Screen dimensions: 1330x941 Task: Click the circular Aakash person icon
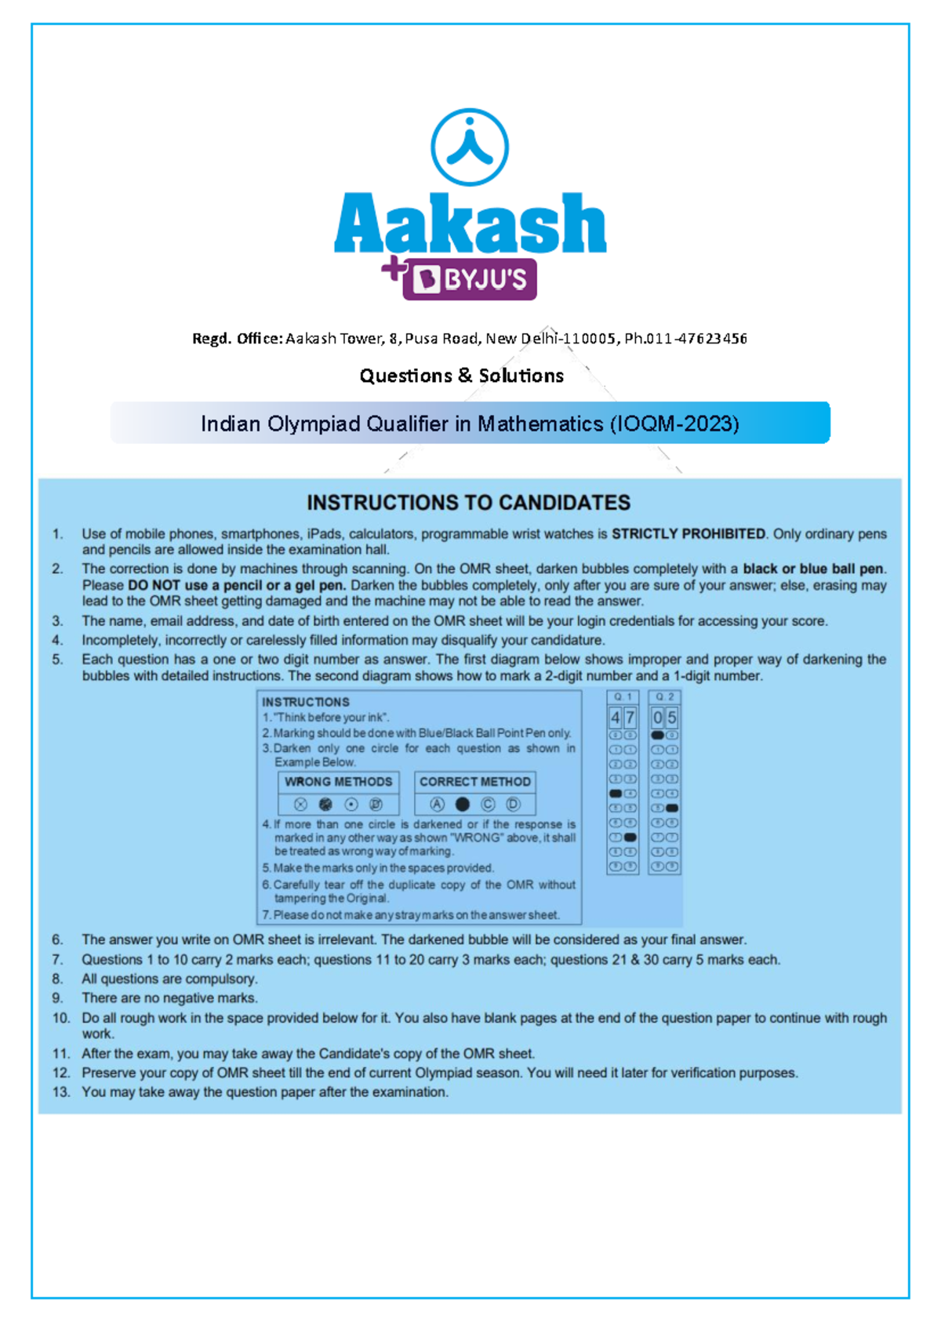pos(470,147)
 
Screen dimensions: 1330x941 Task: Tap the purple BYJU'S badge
pos(470,279)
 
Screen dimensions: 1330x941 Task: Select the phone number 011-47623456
pos(695,339)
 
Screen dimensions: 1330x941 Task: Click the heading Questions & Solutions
pos(461,376)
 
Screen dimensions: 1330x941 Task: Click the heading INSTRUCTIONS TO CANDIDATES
pos(468,503)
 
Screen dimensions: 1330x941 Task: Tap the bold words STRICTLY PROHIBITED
pos(688,534)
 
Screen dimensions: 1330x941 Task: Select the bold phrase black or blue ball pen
pos(813,569)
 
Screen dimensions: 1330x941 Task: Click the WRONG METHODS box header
pos(338,782)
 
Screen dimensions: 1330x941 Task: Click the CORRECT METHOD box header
pos(474,782)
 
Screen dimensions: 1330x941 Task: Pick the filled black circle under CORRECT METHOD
pos(463,805)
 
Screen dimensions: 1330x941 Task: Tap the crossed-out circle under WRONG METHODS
pos(300,805)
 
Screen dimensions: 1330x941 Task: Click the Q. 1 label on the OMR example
pos(623,696)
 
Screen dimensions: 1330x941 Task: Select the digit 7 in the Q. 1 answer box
pos(630,718)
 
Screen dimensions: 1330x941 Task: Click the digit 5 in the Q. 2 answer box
pos(672,718)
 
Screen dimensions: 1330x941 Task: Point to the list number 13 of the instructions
pos(61,1092)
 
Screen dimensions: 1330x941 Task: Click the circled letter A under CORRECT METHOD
pos(438,805)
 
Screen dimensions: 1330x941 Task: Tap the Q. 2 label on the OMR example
pos(664,696)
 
